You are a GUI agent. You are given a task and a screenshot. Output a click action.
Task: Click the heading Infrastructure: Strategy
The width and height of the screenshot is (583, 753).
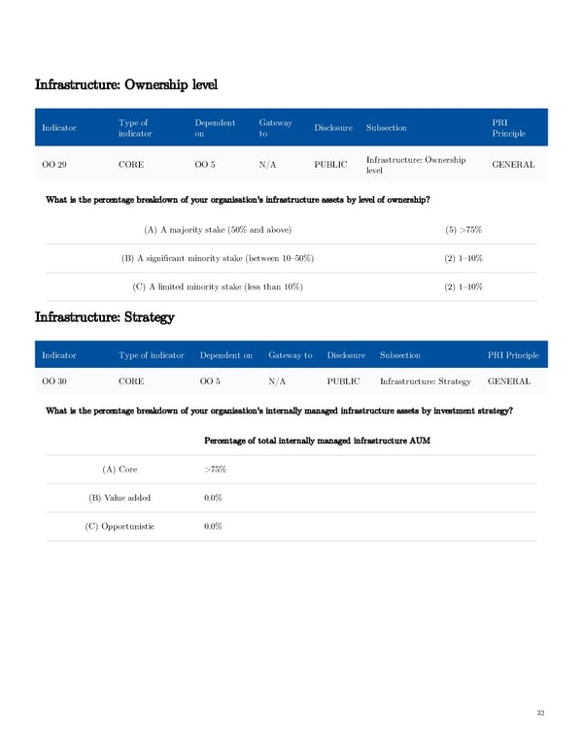coord(104,316)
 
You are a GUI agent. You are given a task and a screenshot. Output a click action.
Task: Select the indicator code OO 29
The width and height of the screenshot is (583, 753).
coord(54,165)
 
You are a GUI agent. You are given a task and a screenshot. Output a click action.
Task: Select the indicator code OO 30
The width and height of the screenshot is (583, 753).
coord(54,381)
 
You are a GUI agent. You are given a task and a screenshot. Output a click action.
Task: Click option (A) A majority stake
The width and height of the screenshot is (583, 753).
coord(217,229)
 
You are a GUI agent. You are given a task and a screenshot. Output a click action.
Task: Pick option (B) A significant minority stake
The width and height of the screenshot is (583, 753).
coord(217,258)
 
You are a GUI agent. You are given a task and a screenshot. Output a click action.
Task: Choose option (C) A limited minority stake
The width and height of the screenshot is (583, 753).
coord(217,287)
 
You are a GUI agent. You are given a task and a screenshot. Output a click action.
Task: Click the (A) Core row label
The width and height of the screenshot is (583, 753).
coord(120,470)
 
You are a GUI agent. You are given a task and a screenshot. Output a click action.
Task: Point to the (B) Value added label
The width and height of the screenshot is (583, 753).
coord(120,498)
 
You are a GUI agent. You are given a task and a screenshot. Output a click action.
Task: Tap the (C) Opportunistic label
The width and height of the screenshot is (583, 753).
coord(120,526)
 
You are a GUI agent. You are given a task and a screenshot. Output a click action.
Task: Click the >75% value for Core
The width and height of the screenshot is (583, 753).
coord(216,470)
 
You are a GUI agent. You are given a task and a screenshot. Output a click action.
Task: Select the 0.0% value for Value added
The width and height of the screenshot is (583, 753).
coord(214,498)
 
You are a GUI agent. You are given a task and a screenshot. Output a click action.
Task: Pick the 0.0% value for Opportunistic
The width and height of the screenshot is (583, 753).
coord(214,526)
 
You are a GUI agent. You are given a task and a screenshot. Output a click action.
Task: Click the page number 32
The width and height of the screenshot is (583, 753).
coord(540,713)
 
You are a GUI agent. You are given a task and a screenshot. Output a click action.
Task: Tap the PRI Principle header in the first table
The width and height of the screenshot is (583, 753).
coord(509,127)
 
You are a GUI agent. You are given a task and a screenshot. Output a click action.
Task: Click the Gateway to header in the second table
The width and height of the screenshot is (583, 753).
coord(290,355)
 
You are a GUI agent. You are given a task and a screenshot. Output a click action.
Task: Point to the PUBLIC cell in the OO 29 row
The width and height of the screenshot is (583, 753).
coord(330,165)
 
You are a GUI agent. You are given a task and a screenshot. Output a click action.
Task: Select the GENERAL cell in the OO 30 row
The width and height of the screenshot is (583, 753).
coord(509,381)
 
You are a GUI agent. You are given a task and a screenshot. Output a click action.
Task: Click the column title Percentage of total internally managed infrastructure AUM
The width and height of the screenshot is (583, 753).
coord(317,442)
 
